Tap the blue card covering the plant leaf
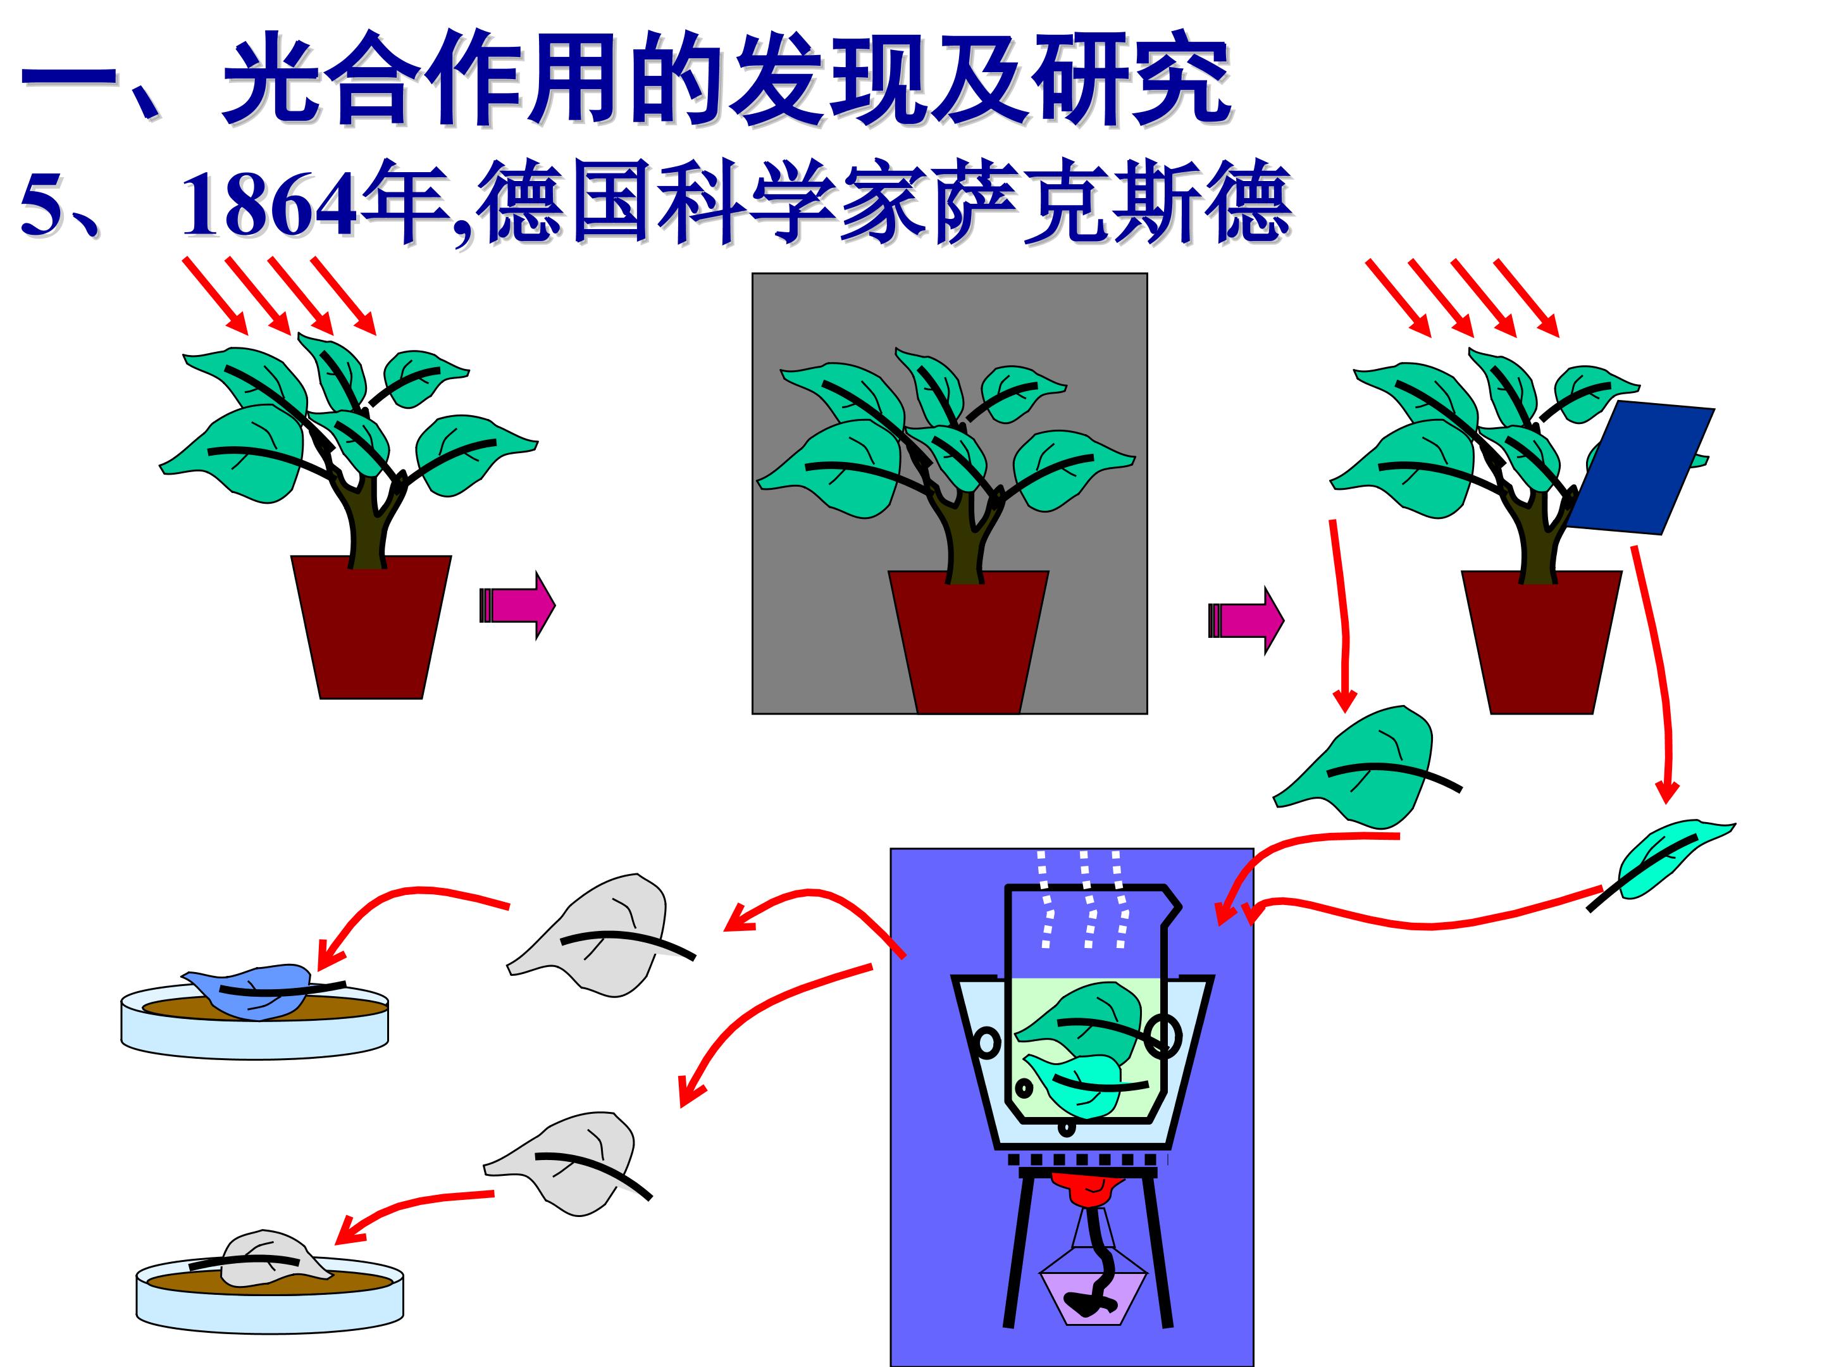tap(1639, 467)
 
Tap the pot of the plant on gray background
tap(968, 642)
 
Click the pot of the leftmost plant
tap(371, 627)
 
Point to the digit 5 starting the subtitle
tap(39, 206)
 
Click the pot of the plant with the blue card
tap(1541, 642)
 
